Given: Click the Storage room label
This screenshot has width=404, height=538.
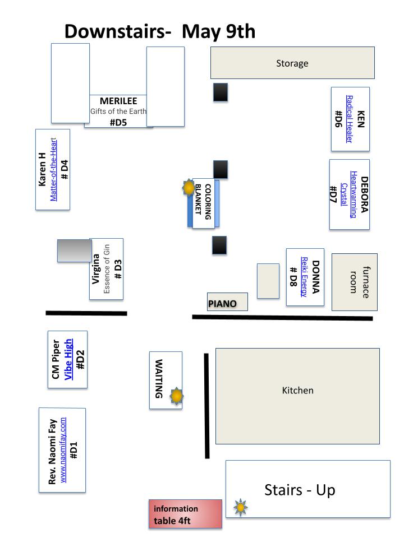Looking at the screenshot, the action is point(292,63).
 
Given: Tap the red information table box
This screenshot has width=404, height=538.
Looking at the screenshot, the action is point(185,514).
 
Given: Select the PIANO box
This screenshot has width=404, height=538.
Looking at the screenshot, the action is point(227,302).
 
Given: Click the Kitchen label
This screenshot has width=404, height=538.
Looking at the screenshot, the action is point(297,391).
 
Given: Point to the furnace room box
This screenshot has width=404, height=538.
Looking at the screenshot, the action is point(354,282).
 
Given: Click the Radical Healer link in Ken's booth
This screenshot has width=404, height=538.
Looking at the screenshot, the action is point(350,119).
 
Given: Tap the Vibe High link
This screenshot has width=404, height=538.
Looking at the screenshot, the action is point(68,359).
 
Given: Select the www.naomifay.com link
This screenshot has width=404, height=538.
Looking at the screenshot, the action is point(63,450).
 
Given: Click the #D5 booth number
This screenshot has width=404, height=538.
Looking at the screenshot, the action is point(118,123).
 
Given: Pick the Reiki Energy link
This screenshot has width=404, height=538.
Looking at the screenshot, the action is point(304,276).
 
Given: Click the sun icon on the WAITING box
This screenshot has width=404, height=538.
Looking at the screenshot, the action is point(177,396).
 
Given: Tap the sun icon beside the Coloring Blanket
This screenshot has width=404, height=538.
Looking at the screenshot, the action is point(189,188).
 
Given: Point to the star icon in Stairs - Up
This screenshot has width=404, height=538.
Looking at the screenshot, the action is point(241,507).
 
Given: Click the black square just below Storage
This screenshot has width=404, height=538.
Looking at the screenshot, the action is point(221,92).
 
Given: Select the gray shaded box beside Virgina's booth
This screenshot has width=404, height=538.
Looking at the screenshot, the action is point(75,251).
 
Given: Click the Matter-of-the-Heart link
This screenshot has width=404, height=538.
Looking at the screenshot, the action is point(53,169).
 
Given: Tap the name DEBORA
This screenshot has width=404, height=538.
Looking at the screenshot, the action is point(364,194).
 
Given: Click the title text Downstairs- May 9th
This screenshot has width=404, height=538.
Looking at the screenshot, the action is point(160,31).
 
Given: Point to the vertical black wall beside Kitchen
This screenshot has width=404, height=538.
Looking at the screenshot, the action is point(207,406).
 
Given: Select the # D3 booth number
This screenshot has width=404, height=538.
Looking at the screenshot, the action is point(118,270).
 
